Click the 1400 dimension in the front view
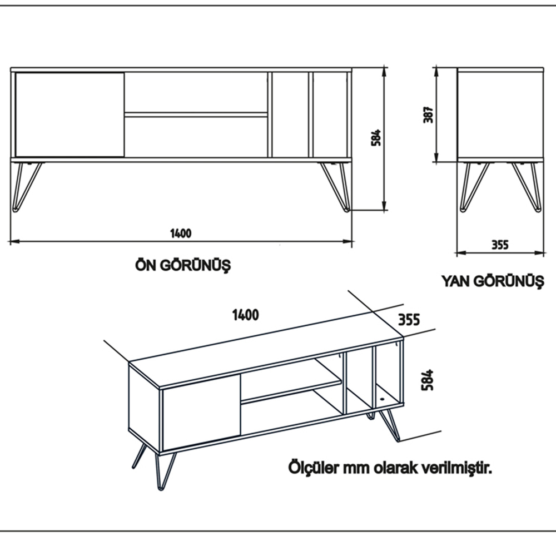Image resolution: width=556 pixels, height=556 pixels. pyautogui.click(x=181, y=233)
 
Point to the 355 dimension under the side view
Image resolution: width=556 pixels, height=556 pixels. pyautogui.click(x=500, y=244)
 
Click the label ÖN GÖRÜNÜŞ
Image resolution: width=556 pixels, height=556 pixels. pyautogui.click(x=183, y=265)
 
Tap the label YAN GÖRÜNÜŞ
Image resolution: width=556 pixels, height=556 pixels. pyautogui.click(x=492, y=281)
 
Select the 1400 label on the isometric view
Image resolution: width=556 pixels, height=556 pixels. pyautogui.click(x=245, y=315)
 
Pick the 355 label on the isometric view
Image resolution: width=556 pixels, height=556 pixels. pyautogui.click(x=409, y=320)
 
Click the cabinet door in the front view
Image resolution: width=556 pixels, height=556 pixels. pyautogui.click(x=69, y=114)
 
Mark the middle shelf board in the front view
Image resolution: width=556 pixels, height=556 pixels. pyautogui.click(x=196, y=115)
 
